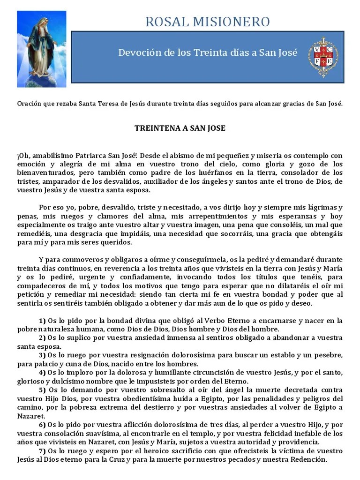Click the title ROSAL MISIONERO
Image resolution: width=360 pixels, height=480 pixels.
(208, 22)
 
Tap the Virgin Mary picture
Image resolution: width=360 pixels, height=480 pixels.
(42, 49)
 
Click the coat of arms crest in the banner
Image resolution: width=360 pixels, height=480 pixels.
(323, 57)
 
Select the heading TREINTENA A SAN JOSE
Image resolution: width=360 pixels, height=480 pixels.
(180, 128)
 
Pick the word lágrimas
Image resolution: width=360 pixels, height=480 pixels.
(322, 208)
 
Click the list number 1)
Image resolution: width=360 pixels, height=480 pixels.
(42, 321)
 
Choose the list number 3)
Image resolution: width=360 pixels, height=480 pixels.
(42, 355)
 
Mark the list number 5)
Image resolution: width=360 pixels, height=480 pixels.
(42, 390)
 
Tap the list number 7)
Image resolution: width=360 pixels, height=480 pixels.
(42, 451)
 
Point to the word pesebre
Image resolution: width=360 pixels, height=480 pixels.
(328, 355)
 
